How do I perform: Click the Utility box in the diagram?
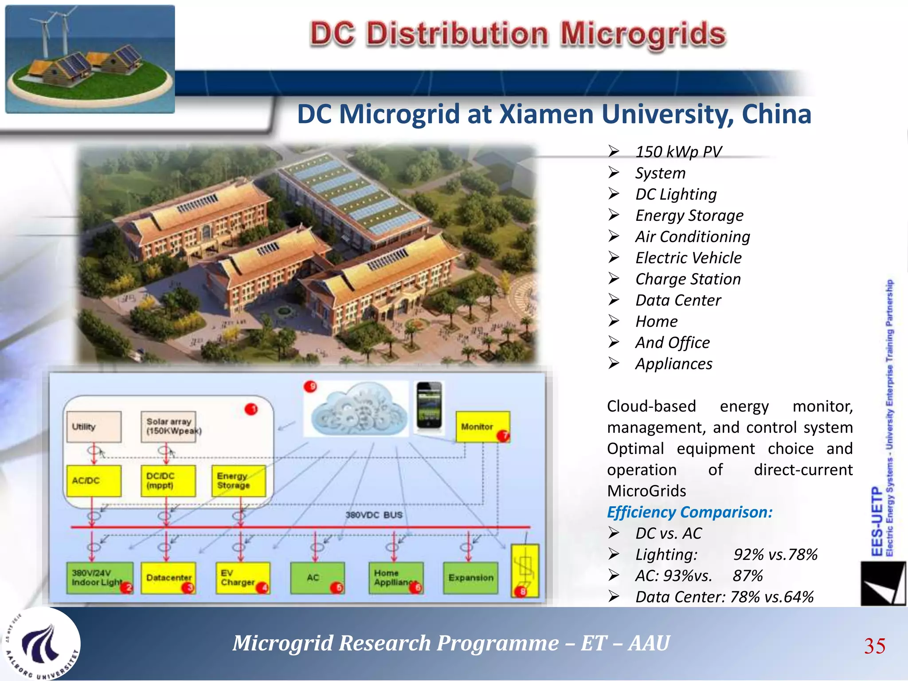coord(94,427)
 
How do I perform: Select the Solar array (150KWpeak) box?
coord(168,427)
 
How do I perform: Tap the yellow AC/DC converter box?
coord(94,481)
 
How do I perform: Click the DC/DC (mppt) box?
coord(168,481)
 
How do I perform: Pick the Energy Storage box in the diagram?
coord(239,481)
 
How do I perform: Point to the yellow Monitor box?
coord(482,427)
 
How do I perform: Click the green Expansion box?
coord(470,578)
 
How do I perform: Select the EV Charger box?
coord(242,578)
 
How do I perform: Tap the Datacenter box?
coord(168,578)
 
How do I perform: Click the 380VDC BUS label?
coord(374,515)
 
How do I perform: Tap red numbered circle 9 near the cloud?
coord(310,387)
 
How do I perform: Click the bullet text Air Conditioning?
coord(692,237)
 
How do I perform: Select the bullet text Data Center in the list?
coord(678,300)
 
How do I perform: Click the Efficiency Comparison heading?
coord(689,512)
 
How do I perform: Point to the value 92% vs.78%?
coord(775,555)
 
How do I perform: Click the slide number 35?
coord(874,646)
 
